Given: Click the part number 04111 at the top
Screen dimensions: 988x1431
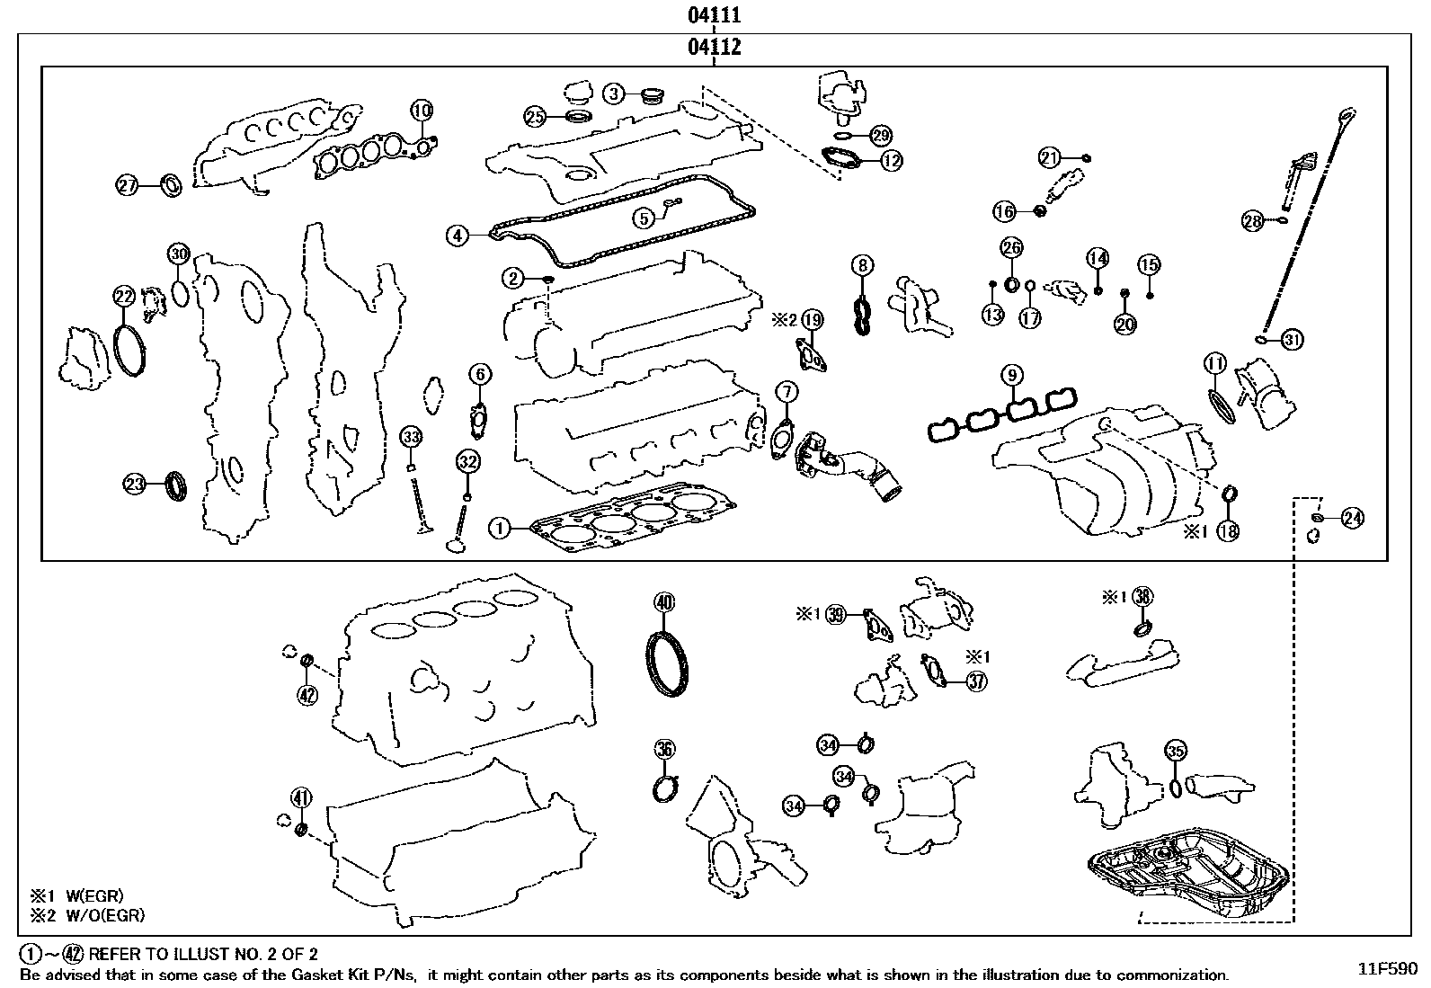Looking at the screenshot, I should click(715, 15).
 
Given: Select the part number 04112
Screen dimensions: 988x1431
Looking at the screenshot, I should click(715, 47).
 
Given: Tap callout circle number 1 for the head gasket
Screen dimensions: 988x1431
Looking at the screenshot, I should click(501, 528).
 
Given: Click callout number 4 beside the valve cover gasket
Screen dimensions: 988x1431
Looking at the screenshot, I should click(458, 236).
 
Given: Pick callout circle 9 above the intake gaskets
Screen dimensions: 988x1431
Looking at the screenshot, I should click(1011, 374).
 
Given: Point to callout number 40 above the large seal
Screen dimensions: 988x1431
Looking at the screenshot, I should click(663, 602).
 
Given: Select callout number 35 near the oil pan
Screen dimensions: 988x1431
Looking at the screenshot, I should click(1175, 751).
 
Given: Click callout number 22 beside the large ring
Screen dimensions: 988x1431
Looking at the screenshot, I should click(123, 295).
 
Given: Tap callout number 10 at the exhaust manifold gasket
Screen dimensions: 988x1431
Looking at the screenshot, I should click(422, 111).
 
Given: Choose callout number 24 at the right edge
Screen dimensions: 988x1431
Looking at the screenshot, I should click(1352, 518).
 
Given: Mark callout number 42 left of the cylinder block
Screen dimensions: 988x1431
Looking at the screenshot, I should click(307, 694).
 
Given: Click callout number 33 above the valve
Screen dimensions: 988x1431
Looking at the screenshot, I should click(411, 438).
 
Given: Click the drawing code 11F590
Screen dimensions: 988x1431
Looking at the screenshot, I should click(1387, 969).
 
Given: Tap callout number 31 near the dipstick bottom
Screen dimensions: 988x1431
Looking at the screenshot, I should click(1292, 340).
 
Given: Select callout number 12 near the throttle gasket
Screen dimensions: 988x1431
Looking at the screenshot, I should click(891, 161).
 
